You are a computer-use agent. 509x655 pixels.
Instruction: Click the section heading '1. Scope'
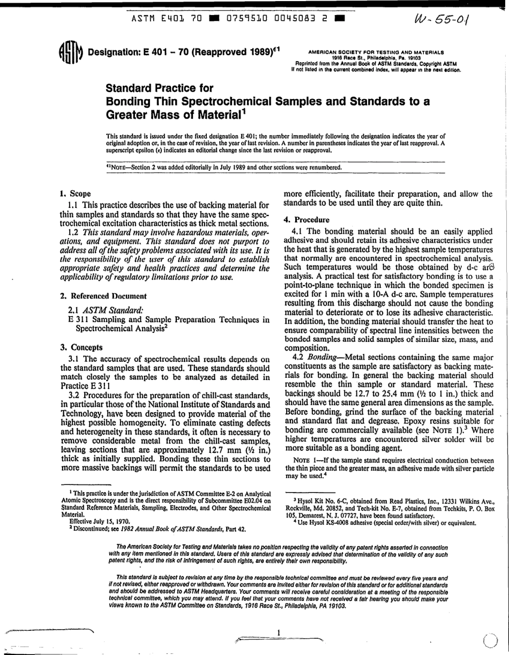click(75, 193)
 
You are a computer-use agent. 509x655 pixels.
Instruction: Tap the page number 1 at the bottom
click(279, 632)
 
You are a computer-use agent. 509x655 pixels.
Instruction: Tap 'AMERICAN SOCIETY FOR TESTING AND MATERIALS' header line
click(376, 53)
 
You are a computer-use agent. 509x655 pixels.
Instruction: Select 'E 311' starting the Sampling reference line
click(73, 321)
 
